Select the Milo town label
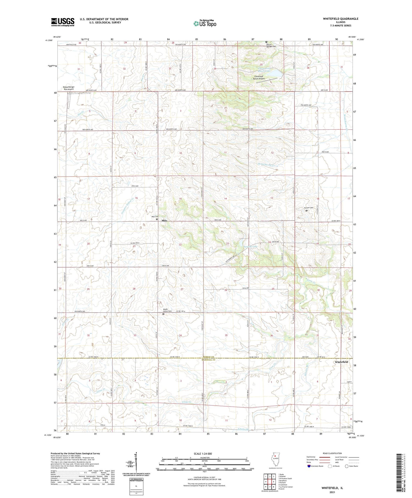pos(164,221)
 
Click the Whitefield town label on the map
pos(341,362)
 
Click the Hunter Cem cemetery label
pos(308,208)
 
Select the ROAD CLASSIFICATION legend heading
pos(332,453)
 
